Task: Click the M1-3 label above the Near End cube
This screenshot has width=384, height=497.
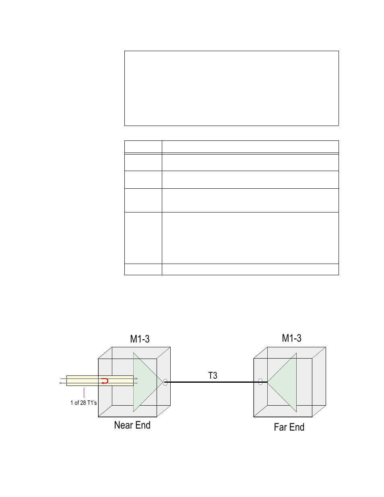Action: tap(140, 339)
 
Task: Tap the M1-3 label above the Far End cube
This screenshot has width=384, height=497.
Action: tap(291, 338)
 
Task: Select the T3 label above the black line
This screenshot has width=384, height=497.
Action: tap(213, 375)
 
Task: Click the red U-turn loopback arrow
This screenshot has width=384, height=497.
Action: tap(105, 381)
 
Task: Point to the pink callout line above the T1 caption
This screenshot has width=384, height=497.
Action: tap(84, 393)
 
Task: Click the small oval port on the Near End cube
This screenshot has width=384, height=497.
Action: tap(165, 382)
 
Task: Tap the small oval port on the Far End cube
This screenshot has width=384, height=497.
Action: tap(260, 382)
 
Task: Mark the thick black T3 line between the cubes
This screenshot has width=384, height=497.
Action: tap(216, 382)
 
